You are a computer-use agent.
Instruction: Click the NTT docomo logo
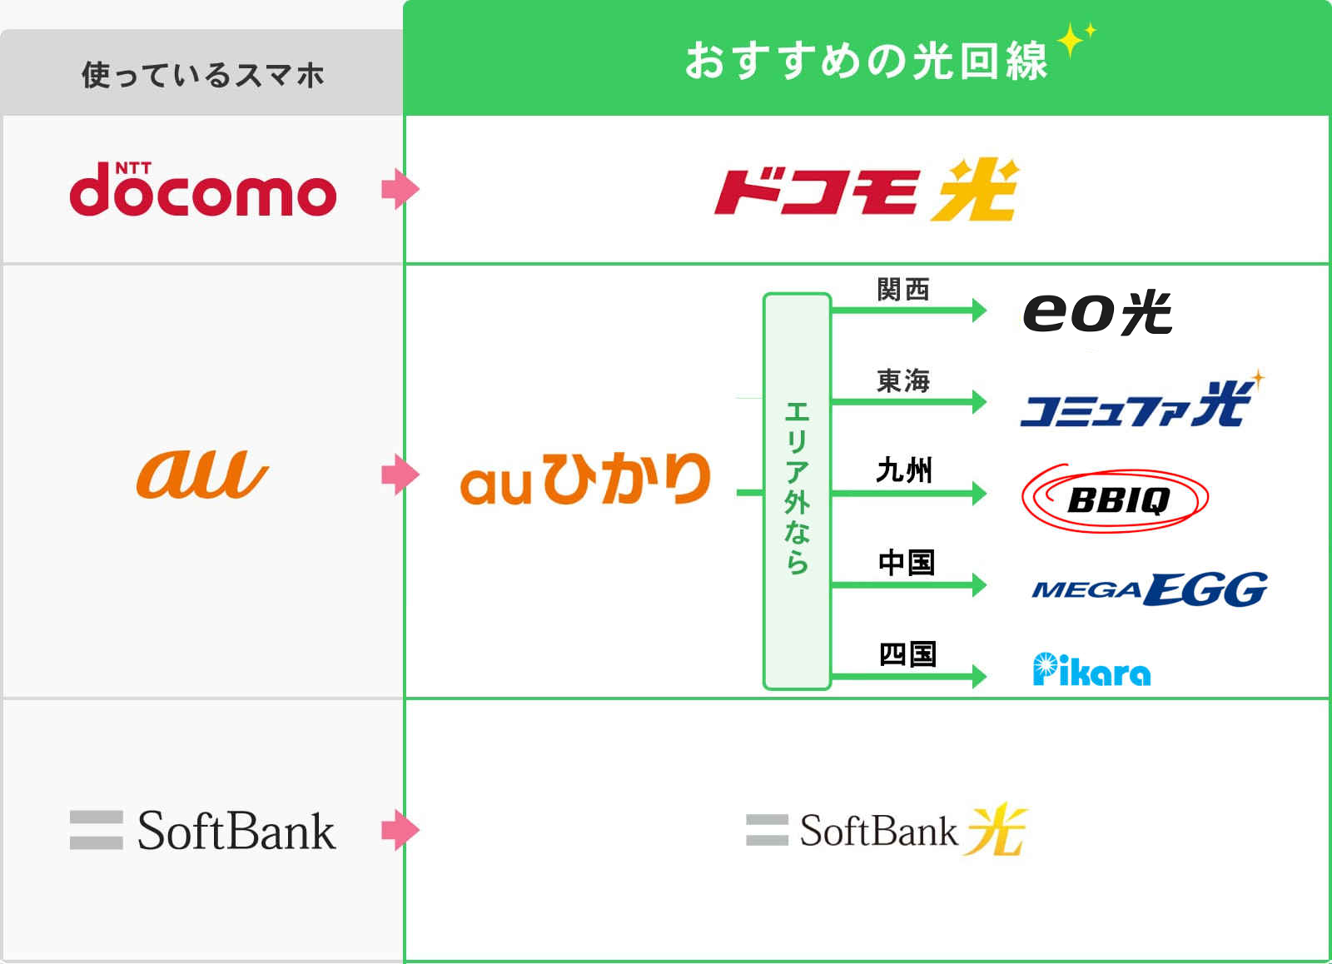pos(203,190)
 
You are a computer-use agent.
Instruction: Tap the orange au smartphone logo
pos(202,475)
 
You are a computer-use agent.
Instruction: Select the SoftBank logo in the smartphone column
pos(203,831)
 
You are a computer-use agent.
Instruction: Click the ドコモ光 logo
pos(867,191)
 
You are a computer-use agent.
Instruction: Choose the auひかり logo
pos(585,479)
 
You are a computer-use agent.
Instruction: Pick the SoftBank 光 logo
pos(887,830)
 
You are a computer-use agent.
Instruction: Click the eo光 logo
pos(1097,313)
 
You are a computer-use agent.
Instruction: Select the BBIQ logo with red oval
pos(1116,499)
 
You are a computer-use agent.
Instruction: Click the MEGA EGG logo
pos(1149,589)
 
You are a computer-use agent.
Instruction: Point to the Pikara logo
pos(1091,670)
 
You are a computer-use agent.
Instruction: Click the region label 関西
pos(903,290)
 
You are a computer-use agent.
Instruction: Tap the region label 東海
pos(903,381)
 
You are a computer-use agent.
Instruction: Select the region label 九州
pos(904,471)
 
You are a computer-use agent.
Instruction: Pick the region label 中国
pos(907,563)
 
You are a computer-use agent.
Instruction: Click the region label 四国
pos(907,654)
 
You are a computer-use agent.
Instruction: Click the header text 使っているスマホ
pos(202,75)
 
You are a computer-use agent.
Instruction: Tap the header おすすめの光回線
pos(867,61)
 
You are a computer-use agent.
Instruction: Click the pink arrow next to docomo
pos(400,189)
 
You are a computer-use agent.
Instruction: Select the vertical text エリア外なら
pos(797,489)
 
